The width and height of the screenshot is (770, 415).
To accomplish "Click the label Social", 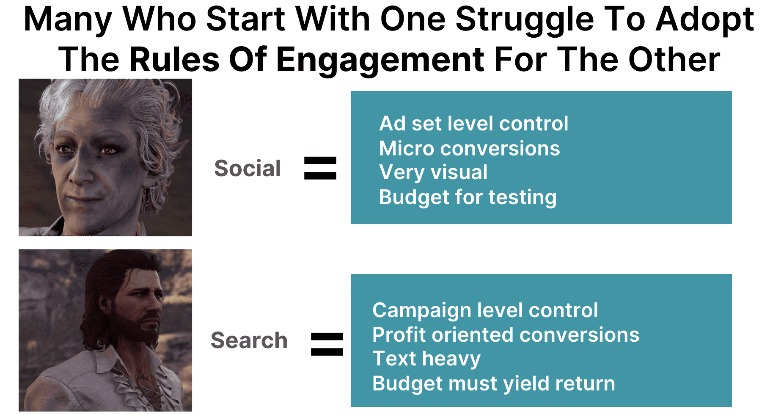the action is coord(247,168).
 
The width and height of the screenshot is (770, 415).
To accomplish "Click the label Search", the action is coord(249,340).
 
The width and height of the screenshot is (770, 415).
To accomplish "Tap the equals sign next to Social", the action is coord(320,168).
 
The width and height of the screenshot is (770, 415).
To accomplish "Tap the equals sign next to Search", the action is coord(327,344).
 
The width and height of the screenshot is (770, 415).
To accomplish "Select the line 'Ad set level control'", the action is coord(474,124).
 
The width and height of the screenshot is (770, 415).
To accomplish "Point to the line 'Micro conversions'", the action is coord(470,148).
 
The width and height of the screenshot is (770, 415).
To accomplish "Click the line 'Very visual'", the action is coord(433,172).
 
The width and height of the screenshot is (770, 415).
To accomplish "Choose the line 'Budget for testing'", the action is coord(468,197).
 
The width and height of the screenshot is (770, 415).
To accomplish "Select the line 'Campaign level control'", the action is coord(485,310).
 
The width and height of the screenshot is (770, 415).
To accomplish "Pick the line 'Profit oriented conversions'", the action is coord(506,335).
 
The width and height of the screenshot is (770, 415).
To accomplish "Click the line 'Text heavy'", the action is coord(426,359).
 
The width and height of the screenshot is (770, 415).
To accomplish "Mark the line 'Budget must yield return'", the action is coord(494,384).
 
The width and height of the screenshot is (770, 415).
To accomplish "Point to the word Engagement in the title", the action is coord(380,59).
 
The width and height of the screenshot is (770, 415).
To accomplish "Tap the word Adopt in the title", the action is coord(705,20).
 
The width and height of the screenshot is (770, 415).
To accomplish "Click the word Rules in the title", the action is coord(175,59).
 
